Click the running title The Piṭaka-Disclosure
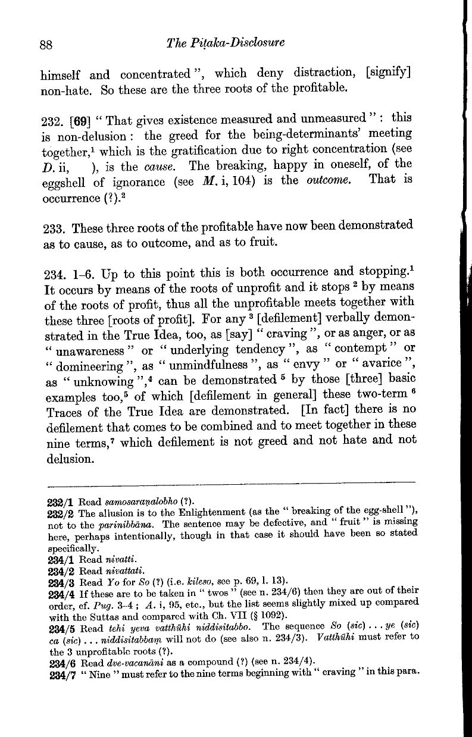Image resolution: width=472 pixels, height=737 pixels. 226,42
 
